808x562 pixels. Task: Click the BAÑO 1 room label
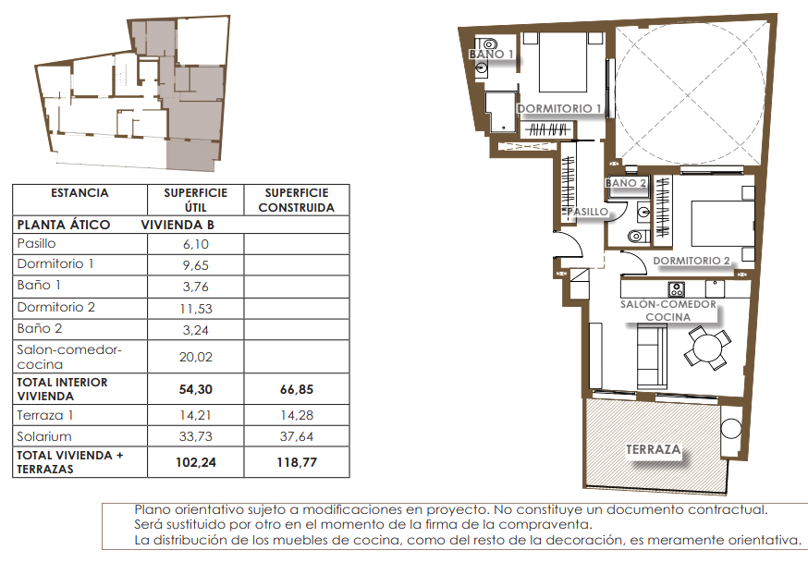[x=491, y=55]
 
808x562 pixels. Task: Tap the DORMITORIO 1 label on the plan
[x=559, y=109]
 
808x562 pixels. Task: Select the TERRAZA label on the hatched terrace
[x=654, y=449]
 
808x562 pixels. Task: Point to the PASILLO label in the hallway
[x=587, y=212]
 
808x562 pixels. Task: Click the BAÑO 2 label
[x=626, y=183]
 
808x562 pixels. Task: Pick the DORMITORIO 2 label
[x=692, y=261]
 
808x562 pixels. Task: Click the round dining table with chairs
[x=707, y=348]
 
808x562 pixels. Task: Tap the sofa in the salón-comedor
[x=652, y=356]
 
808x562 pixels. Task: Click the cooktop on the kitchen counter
[x=676, y=289]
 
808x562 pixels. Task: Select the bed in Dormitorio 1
[x=563, y=62]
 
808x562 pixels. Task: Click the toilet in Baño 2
[x=636, y=237]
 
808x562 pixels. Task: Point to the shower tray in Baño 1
[x=501, y=112]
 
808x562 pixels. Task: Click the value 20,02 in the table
[x=196, y=357]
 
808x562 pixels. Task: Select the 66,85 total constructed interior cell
[x=297, y=389]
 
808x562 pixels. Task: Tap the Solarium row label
[x=44, y=437]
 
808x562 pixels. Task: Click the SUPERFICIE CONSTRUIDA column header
[x=297, y=200]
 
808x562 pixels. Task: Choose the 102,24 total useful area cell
[x=196, y=462]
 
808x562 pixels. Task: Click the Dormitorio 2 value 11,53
[x=196, y=309]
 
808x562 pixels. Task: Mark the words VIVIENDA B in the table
[x=178, y=226]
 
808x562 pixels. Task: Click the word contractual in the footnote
[x=728, y=510]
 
